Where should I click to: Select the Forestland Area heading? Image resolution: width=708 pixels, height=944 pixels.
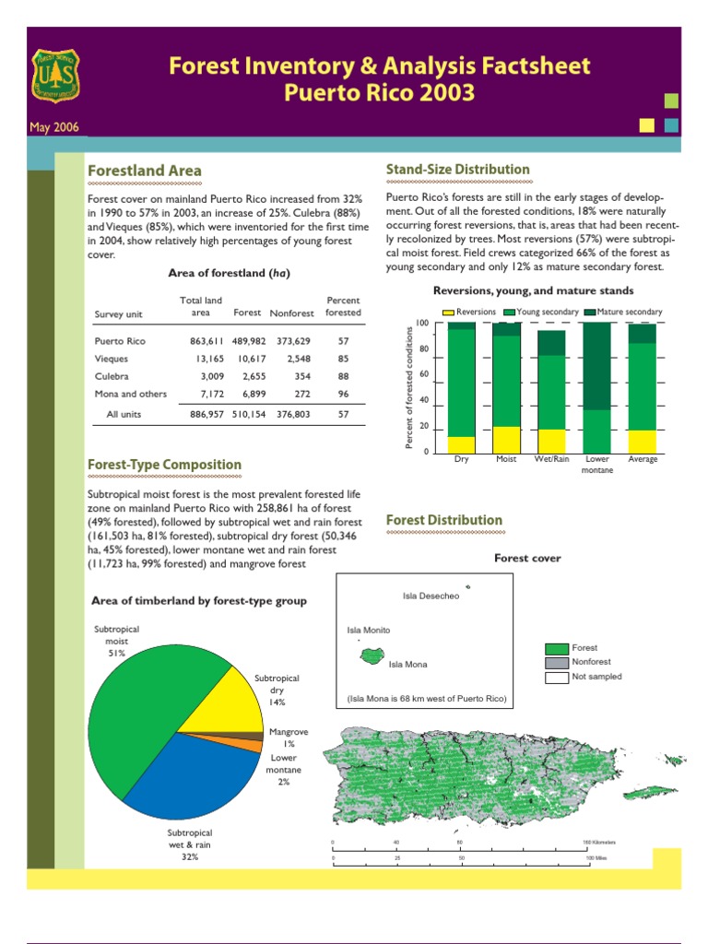144,171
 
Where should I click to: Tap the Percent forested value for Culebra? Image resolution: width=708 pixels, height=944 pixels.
343,376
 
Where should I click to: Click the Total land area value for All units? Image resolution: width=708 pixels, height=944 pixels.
201,415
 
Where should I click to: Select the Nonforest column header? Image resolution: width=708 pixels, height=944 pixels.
292,313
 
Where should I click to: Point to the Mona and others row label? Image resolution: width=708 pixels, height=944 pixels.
131,394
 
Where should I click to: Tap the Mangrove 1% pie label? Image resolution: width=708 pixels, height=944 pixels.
289,737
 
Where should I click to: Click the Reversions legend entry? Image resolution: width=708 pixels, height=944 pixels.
469,312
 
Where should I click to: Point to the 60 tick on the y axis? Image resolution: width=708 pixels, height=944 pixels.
422,374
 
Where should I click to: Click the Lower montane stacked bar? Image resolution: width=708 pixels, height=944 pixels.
597,387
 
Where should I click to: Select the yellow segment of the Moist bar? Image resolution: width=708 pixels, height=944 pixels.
506,439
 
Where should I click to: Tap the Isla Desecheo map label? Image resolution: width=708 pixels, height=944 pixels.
431,596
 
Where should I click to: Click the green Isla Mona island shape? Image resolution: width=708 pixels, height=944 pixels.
372,656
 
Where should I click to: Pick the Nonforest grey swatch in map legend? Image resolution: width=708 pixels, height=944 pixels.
556,662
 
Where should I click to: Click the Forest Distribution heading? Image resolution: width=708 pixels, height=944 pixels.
443,520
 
